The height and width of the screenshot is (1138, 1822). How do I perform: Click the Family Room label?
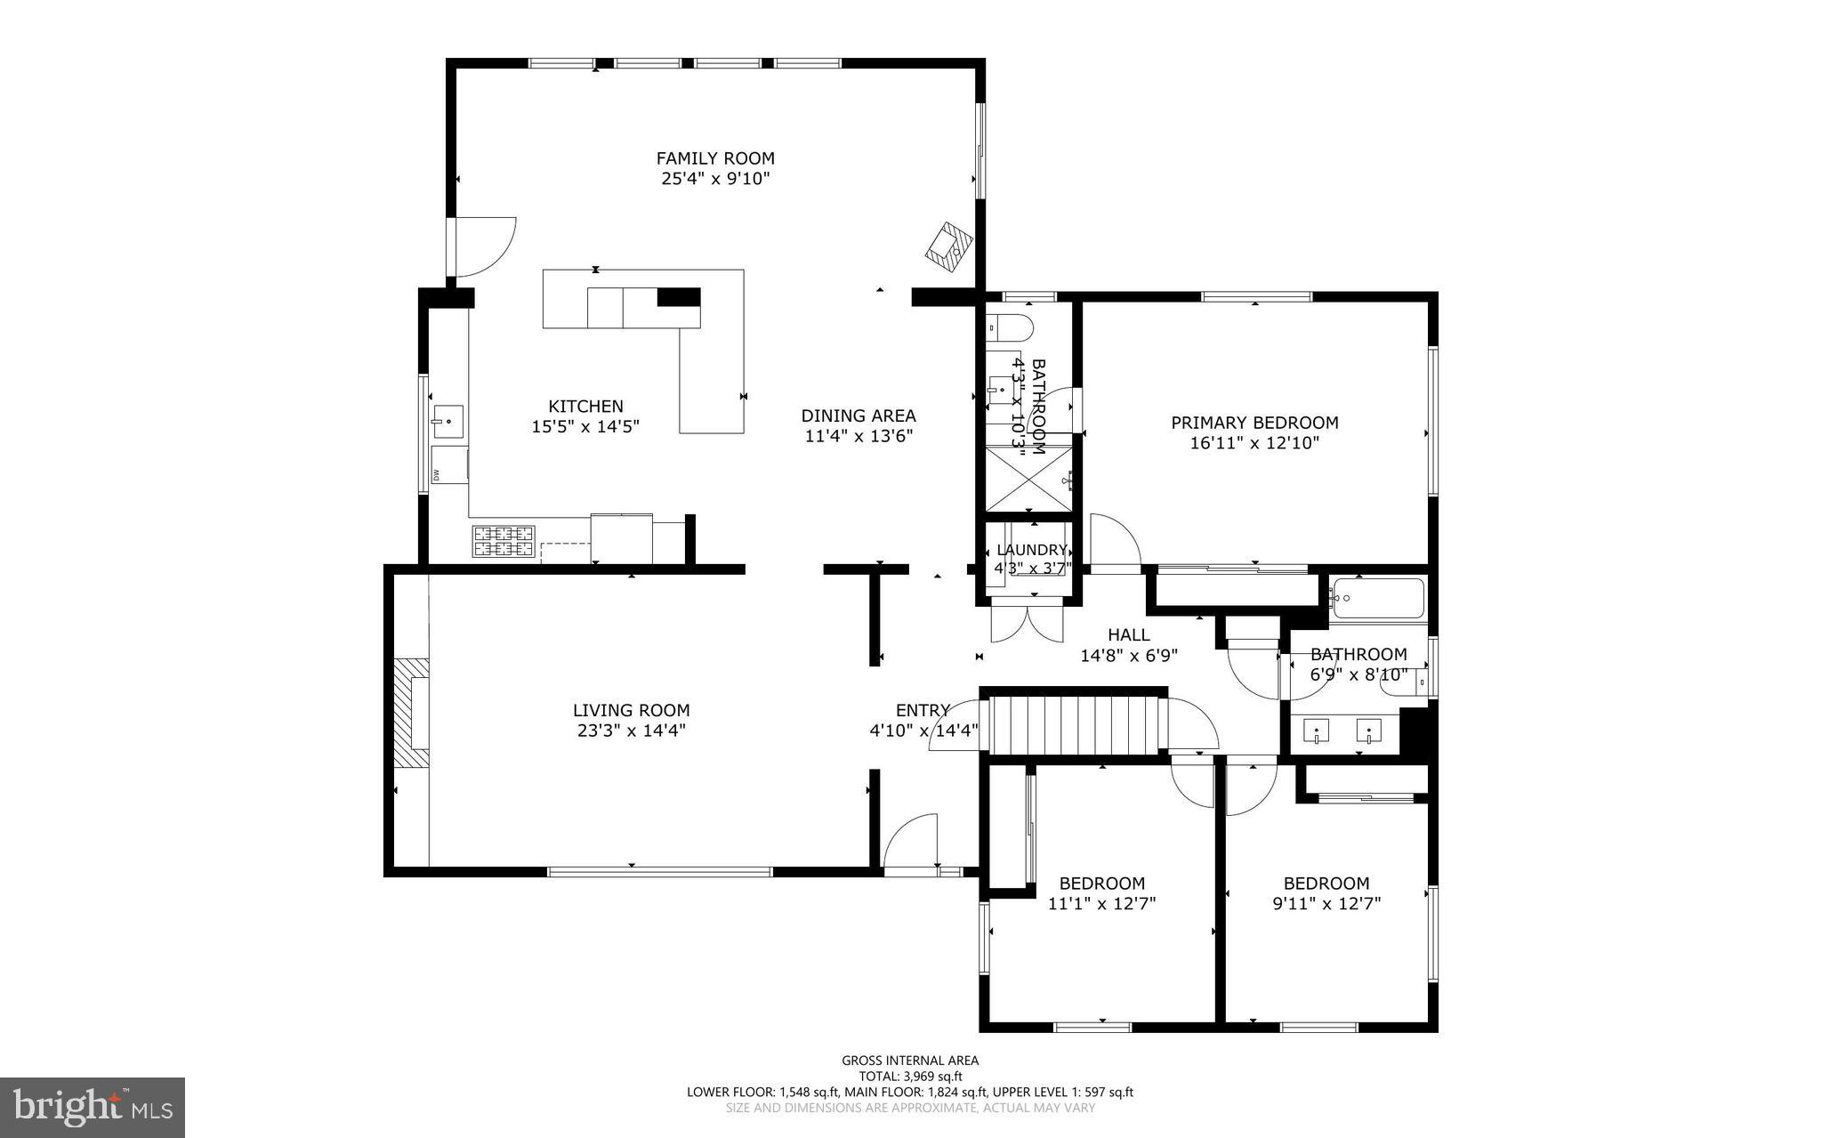(x=715, y=158)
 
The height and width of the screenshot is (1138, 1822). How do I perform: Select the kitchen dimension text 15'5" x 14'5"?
(x=585, y=427)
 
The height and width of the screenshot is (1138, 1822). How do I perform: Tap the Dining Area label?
(x=858, y=416)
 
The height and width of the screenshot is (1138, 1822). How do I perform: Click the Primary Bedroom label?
(x=1254, y=423)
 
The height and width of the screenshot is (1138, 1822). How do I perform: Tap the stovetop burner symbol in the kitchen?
(x=504, y=541)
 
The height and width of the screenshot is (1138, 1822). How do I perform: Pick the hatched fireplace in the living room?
(x=412, y=712)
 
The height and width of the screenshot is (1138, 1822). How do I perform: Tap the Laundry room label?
(x=1031, y=550)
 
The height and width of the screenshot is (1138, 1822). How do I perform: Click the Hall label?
(x=1128, y=635)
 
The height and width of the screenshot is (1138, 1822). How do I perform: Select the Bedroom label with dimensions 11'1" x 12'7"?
(x=1101, y=884)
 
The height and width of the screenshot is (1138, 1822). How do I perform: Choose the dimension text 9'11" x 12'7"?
(x=1326, y=904)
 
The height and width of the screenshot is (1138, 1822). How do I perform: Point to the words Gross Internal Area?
(x=910, y=1060)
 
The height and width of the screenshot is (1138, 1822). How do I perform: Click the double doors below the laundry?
(x=1028, y=623)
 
